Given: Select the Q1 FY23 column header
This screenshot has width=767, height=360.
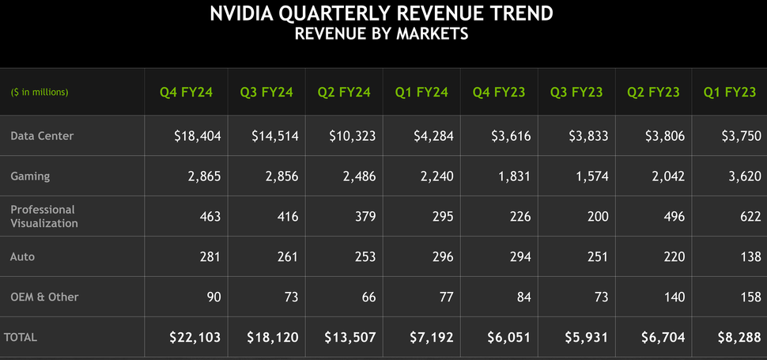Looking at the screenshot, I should point(730,93).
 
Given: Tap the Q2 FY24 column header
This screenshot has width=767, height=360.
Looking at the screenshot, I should point(344,93).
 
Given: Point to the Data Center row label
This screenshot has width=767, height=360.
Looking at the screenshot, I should point(42,136).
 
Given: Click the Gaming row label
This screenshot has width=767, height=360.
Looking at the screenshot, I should point(30,176).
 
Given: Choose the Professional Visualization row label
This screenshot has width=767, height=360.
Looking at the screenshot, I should point(43,216).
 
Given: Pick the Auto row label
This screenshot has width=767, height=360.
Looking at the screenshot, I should point(22,257).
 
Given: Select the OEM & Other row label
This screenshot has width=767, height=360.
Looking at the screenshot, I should point(44,297).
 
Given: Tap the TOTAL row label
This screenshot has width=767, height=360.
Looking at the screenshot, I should point(21,337).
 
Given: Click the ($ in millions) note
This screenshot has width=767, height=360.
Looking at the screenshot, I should point(40,93).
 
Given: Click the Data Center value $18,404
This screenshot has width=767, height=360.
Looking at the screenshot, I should point(198,136).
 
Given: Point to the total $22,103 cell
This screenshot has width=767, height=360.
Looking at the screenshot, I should point(195,337).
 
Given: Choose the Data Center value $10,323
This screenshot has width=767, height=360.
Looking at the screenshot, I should point(353,136).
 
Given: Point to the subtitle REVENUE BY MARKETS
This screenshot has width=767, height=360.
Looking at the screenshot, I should point(381,34).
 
